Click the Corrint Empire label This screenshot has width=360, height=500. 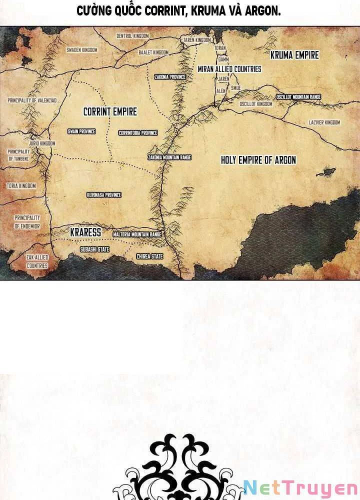tap(110, 111)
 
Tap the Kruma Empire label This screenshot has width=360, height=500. tap(294, 55)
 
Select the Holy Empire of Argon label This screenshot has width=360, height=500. tap(258, 160)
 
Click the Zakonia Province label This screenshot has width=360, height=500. tap(170, 77)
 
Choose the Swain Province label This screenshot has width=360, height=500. tap(81, 131)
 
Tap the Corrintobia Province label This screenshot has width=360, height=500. tap(138, 133)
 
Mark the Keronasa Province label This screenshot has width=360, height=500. tap(104, 195)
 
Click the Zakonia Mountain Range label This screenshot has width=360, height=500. tap(169, 157)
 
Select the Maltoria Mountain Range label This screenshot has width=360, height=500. tap(137, 234)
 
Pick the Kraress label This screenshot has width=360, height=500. tap(85, 232)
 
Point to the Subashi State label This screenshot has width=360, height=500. tap(94, 249)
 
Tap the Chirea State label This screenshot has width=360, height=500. tap(150, 256)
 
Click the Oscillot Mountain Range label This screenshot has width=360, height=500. tap(298, 96)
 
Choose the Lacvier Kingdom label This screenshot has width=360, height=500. tap(324, 122)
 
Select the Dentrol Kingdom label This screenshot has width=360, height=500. tap(132, 36)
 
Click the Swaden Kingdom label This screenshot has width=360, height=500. tap(81, 50)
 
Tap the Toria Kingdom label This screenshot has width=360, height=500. tap(21, 186)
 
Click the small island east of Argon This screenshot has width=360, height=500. tap(325, 172)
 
